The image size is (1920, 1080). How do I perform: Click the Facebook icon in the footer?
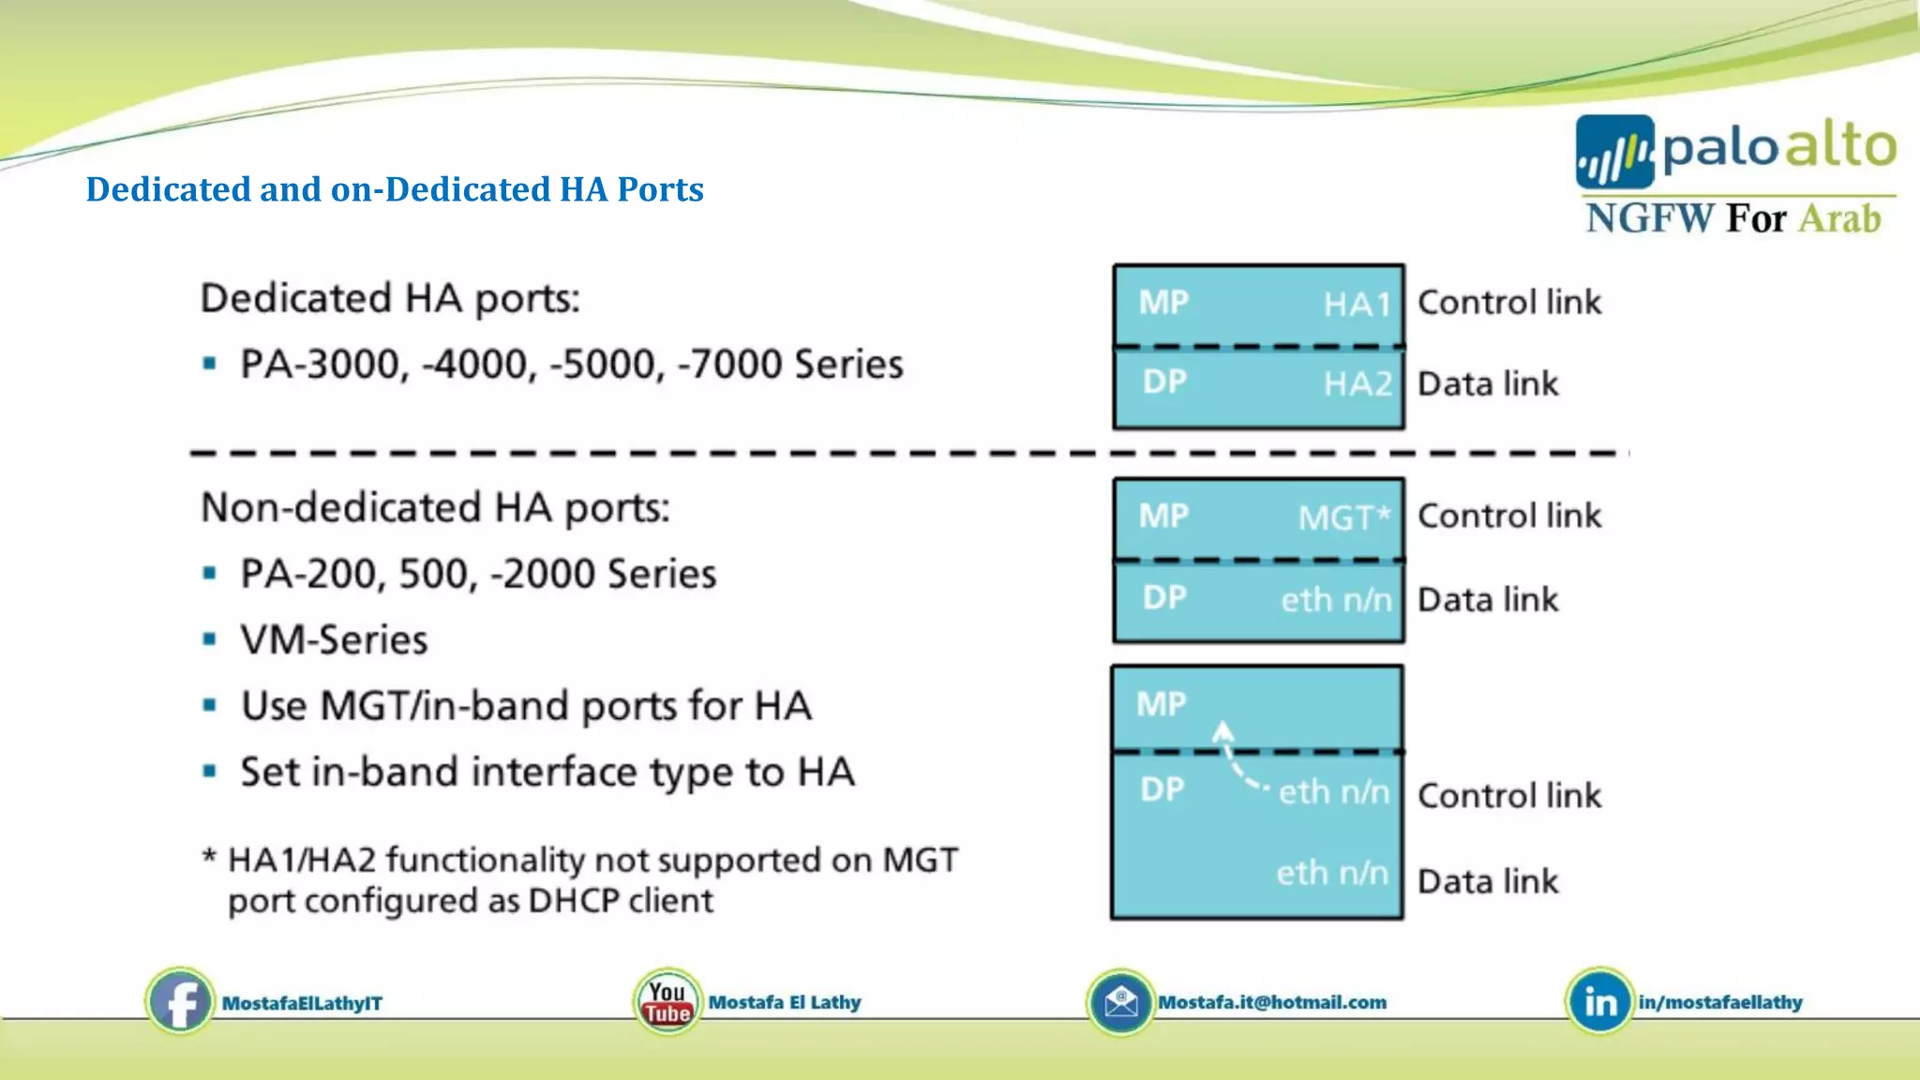pyautogui.click(x=180, y=1001)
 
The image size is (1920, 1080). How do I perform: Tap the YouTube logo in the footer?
pyautogui.click(x=667, y=1002)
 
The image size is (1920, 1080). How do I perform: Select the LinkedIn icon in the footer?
pyautogui.click(x=1599, y=1002)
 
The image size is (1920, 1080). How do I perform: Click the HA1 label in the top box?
pyautogui.click(x=1357, y=305)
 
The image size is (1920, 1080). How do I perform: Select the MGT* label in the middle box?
pyautogui.click(x=1344, y=517)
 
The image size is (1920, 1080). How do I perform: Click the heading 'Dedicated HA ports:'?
pyautogui.click(x=390, y=298)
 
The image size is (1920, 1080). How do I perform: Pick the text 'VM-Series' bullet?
pyautogui.click(x=334, y=640)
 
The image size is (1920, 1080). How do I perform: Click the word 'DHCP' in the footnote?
pyautogui.click(x=573, y=901)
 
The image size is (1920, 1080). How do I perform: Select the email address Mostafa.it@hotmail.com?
pyautogui.click(x=1272, y=1002)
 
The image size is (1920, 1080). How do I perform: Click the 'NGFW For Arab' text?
pyautogui.click(x=1732, y=218)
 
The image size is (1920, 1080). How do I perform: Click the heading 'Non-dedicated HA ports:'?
pyautogui.click(x=435, y=507)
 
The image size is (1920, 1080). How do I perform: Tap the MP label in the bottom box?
pyautogui.click(x=1161, y=704)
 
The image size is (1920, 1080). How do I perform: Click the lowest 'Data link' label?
pyautogui.click(x=1487, y=881)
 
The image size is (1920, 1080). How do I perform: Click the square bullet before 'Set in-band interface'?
pyautogui.click(x=210, y=772)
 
